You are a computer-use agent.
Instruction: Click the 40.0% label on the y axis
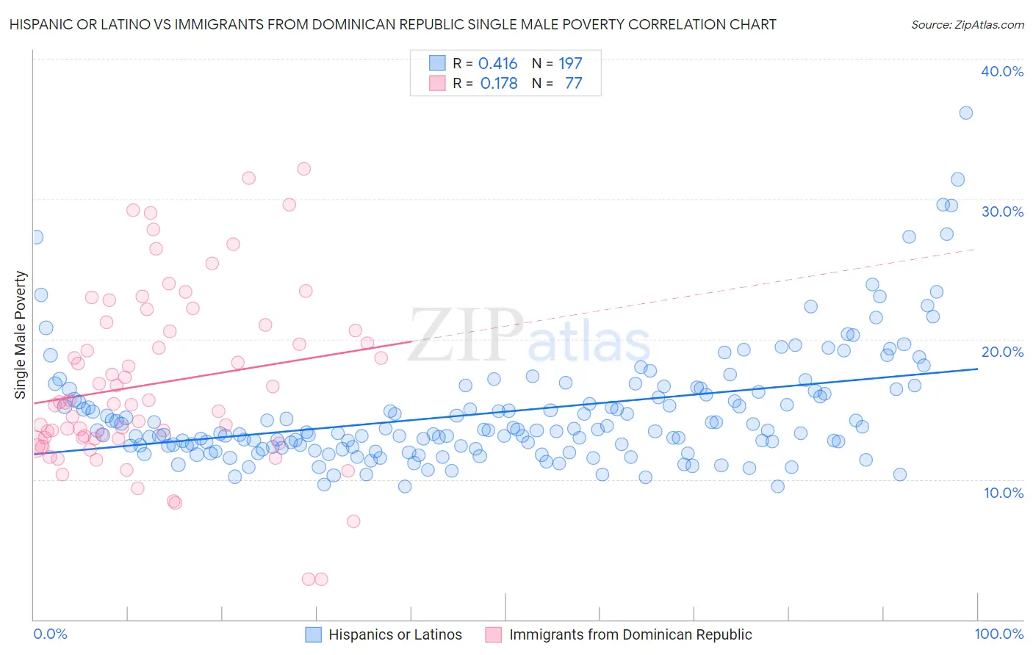point(1002,71)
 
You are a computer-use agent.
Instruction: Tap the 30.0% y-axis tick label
point(1002,211)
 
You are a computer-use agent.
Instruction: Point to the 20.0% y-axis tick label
point(1002,352)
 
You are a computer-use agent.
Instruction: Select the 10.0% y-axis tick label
point(1004,493)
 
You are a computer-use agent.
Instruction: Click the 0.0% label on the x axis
point(51,634)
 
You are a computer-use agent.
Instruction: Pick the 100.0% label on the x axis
point(998,634)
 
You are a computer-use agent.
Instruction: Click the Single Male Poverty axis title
point(21,335)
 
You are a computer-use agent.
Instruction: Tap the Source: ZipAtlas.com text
point(967,24)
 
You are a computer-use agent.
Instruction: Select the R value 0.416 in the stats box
point(497,64)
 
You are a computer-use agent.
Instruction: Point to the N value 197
point(570,64)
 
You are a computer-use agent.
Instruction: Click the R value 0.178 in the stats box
point(498,84)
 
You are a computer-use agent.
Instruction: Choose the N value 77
point(573,84)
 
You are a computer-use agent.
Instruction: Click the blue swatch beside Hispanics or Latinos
point(314,634)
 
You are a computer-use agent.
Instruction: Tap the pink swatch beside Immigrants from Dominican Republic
point(493,634)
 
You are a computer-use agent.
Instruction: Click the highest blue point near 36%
point(966,113)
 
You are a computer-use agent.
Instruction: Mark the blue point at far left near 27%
point(36,237)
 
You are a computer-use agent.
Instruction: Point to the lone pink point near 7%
point(353,521)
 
